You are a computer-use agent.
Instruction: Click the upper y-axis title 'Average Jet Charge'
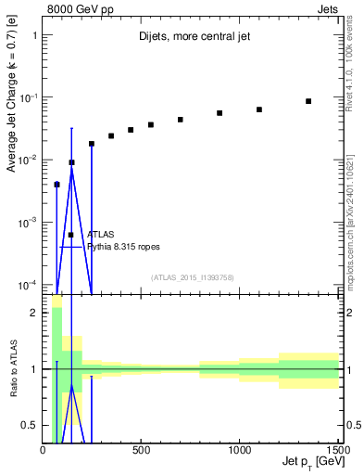[12, 112]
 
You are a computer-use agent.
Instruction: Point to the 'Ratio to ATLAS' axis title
[12, 370]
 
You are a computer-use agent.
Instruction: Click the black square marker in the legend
[70, 235]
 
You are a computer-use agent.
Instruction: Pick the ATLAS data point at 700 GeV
[181, 120]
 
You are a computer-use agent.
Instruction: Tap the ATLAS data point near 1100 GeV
[259, 109]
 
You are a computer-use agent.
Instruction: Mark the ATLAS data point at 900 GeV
[220, 113]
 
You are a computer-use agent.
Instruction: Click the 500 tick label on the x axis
[141, 450]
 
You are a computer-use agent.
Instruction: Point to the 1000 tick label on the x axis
[239, 450]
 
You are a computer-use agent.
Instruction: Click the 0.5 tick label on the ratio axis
[32, 425]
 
